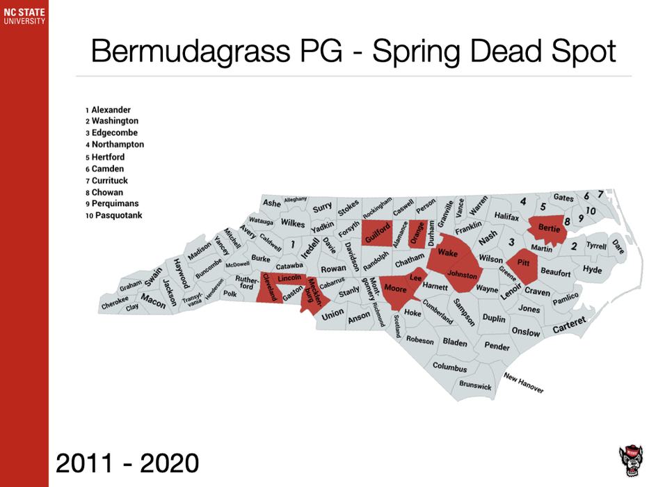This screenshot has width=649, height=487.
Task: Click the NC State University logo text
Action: coord(24,16)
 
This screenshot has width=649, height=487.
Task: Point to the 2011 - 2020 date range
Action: coord(127,461)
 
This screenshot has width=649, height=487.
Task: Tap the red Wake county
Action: coord(447,254)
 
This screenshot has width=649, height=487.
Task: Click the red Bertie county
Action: coord(550,229)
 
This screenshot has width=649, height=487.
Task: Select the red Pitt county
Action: coord(523,264)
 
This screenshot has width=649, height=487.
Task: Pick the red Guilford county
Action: coord(376,232)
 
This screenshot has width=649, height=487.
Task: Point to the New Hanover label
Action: coord(524,383)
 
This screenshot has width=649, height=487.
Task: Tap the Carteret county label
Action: coord(569,325)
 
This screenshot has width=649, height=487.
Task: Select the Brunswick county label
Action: coord(475,385)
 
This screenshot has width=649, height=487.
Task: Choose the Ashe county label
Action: coord(272,203)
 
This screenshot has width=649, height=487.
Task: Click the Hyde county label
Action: coord(592,269)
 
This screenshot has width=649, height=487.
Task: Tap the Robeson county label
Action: coord(420,341)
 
